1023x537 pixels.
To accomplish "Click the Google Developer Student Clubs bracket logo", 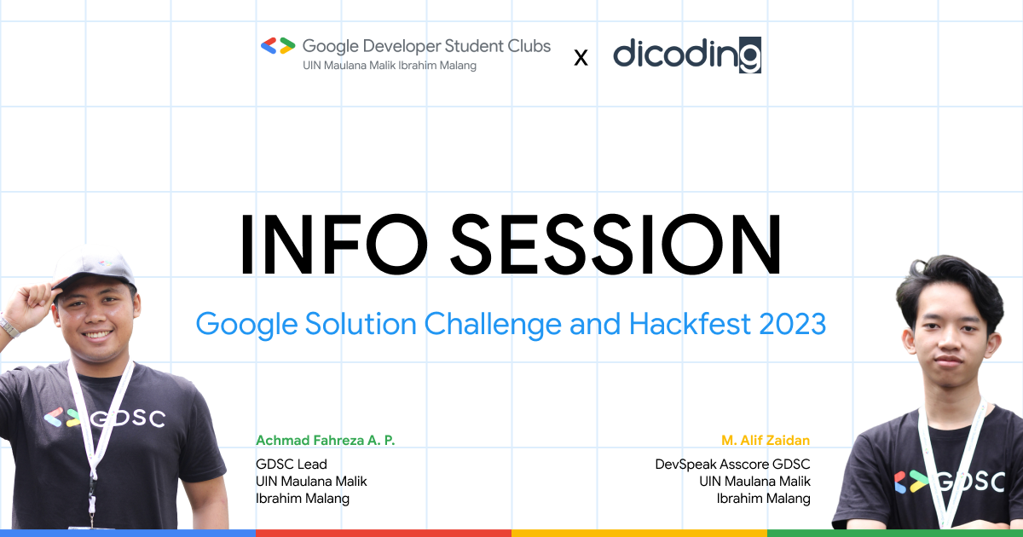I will [278, 46].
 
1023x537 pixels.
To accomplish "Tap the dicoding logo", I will [686, 55].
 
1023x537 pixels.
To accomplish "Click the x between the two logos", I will [581, 57].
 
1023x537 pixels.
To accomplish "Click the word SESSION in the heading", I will [616, 244].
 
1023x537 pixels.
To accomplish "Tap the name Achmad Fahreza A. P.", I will [326, 441].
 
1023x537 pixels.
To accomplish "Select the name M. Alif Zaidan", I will [766, 441].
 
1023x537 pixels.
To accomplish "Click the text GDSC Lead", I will [292, 465].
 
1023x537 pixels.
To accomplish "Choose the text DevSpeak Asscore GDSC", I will [732, 465].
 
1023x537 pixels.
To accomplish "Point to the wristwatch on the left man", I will [9, 326].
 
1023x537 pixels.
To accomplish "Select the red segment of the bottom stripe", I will [384, 533].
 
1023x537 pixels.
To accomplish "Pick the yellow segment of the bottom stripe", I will [639, 533].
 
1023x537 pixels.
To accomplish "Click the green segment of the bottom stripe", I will [895, 533].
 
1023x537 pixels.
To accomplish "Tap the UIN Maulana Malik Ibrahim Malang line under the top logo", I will [390, 66].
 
